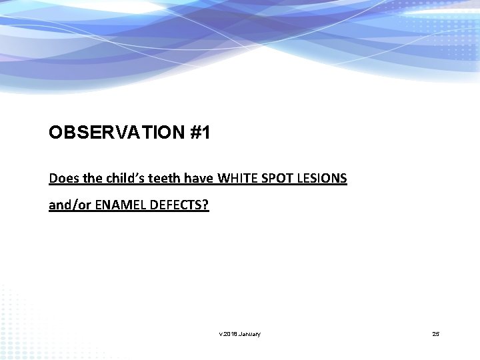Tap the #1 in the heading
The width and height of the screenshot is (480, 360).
(200, 133)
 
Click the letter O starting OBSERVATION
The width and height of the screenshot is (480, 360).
(55, 133)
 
